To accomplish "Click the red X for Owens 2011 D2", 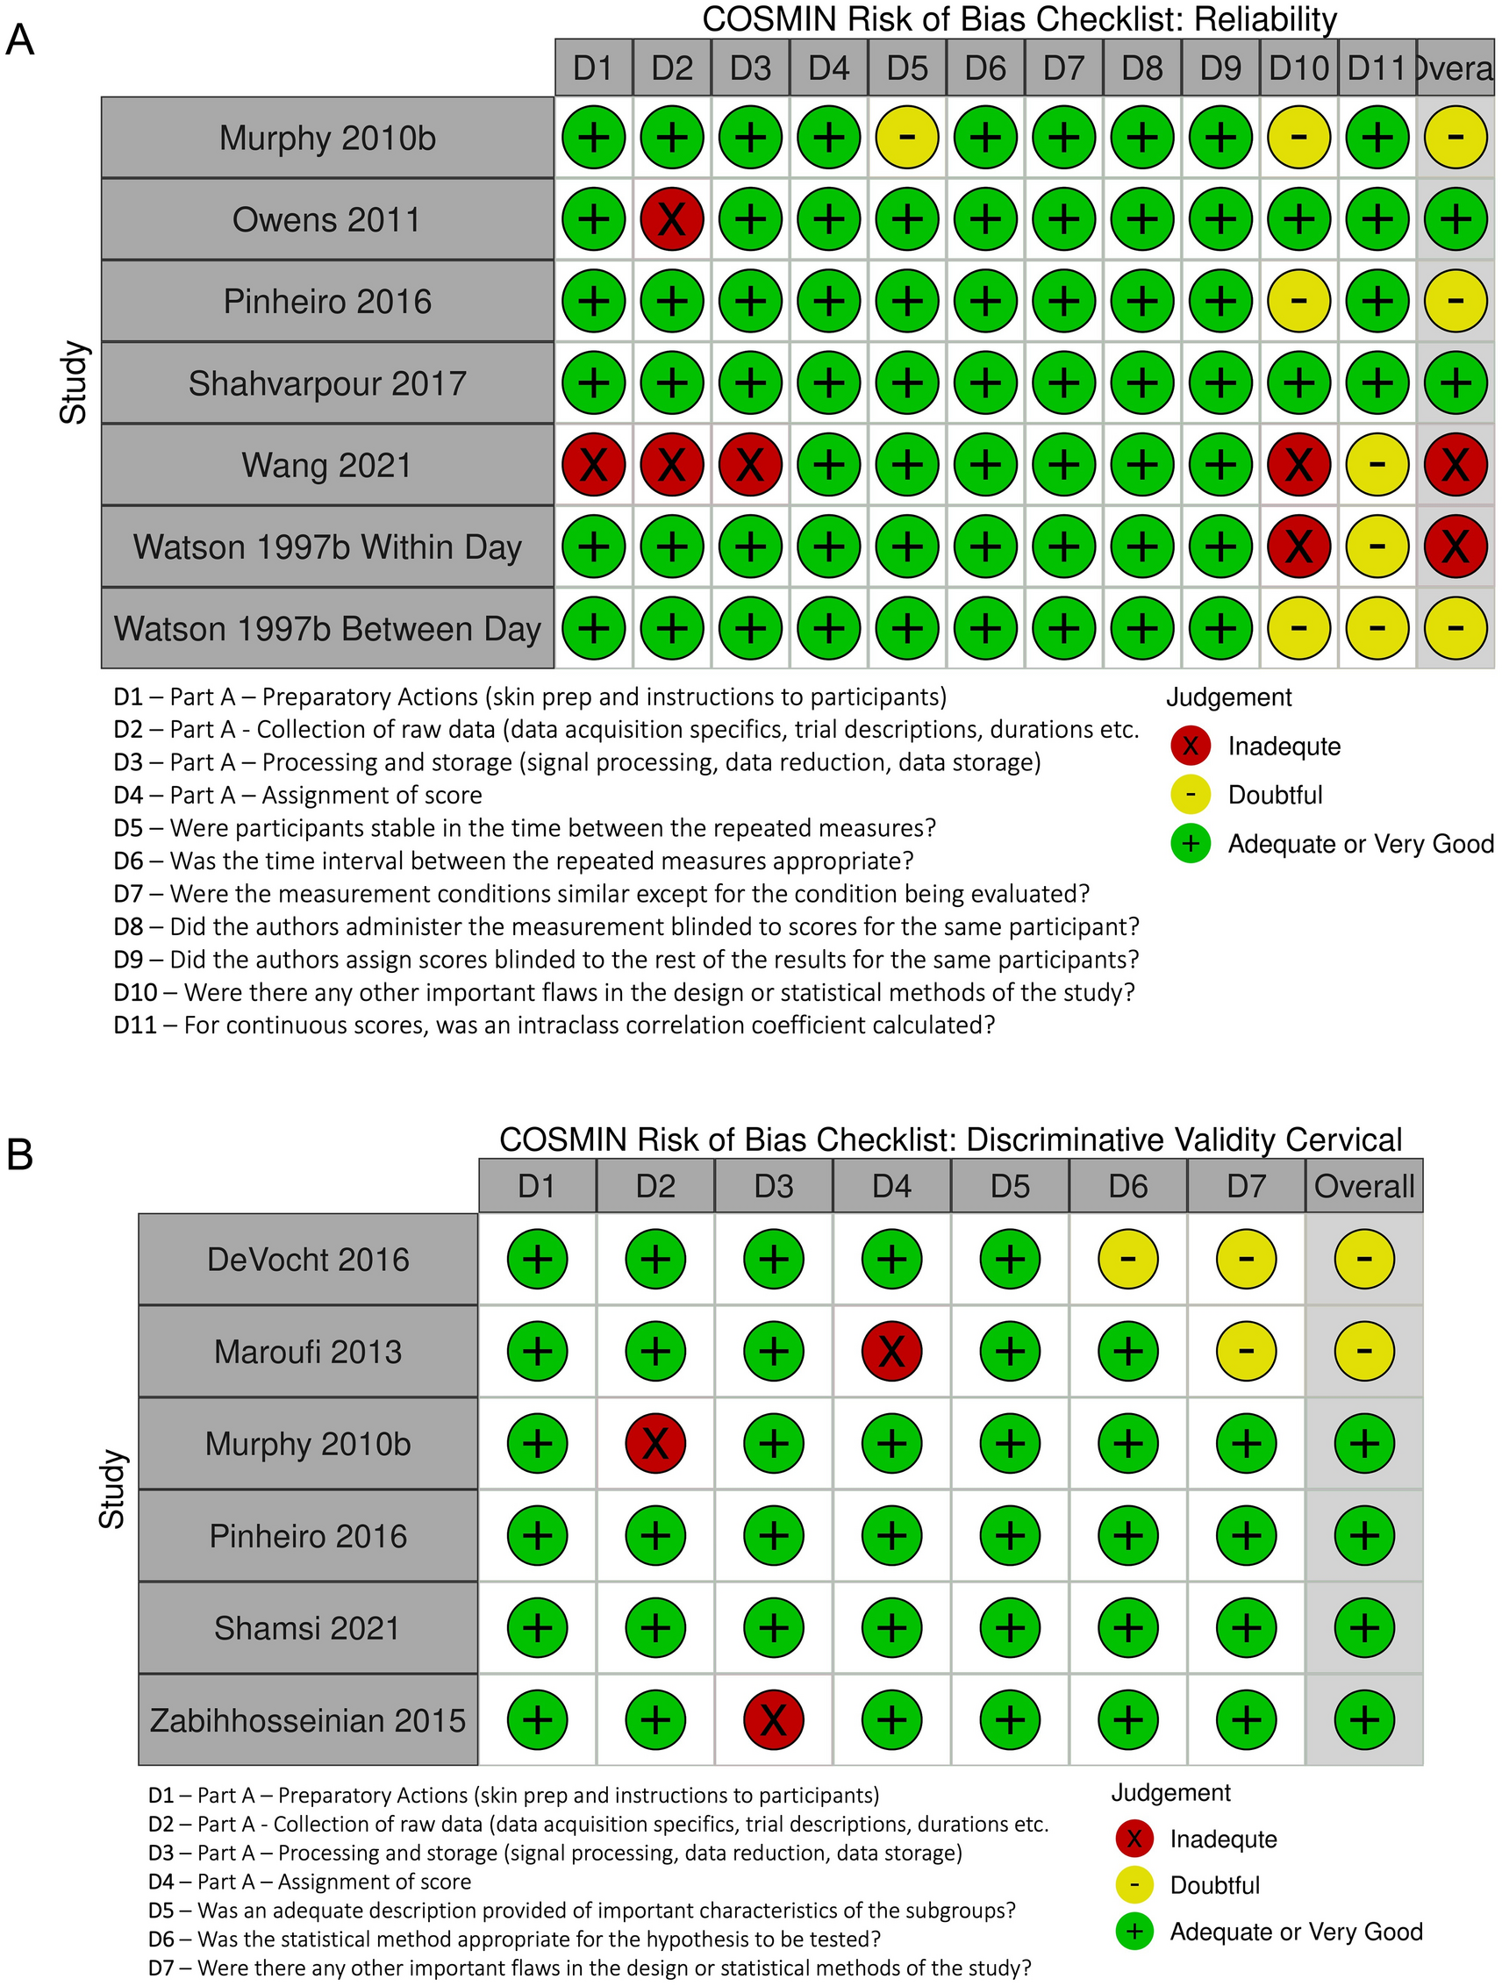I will point(671,219).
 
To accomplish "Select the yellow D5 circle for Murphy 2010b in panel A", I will point(907,138).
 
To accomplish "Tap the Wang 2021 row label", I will point(326,465).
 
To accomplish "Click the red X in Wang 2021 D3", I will point(749,465).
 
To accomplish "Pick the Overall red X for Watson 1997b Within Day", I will point(1456,546).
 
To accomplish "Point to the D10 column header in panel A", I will point(1298,68).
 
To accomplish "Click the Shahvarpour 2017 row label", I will point(326,383).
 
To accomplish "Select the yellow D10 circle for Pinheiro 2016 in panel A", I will point(1298,301).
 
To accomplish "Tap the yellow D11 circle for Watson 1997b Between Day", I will point(1377,627).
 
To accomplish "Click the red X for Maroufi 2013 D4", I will point(891,1350).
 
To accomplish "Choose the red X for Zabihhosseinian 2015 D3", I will point(773,1719).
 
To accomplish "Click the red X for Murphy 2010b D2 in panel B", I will point(655,1444).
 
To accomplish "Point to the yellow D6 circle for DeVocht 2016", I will point(1127,1259).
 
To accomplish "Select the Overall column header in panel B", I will point(1363,1186).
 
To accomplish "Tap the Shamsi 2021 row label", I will point(307,1628).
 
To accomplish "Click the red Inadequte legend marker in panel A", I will point(1191,746).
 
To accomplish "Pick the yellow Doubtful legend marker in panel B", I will point(1134,1884).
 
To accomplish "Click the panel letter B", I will point(20,1154).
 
